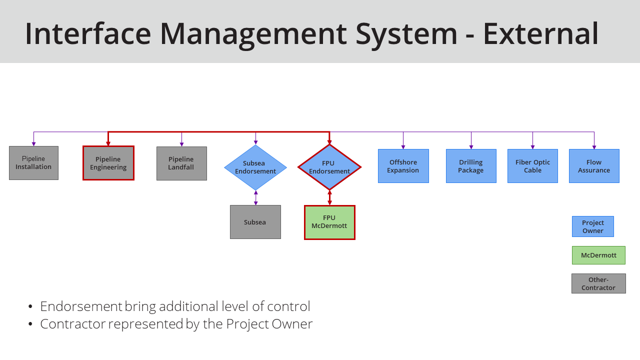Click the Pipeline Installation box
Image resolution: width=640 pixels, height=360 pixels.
[33, 163]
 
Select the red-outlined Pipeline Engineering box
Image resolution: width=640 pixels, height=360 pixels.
[108, 163]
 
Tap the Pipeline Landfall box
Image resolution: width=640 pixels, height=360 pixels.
[181, 163]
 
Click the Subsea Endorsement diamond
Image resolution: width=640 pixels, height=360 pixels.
[255, 167]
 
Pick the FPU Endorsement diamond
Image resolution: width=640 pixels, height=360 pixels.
[329, 167]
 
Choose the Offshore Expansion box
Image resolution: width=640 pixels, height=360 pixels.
[403, 166]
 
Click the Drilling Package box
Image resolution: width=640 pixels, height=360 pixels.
[471, 166]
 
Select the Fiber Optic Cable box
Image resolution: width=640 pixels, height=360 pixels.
[532, 166]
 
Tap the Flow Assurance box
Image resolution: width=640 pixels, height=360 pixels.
[594, 166]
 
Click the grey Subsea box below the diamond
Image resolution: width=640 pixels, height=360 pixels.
[255, 222]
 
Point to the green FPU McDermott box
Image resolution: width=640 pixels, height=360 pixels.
[329, 222]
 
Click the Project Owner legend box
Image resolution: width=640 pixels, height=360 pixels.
[593, 226]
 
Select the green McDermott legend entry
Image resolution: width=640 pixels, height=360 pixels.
[598, 255]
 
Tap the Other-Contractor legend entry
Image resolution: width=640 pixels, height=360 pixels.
[598, 283]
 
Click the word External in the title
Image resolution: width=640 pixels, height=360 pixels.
[540, 33]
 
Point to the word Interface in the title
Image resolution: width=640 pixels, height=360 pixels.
[87, 33]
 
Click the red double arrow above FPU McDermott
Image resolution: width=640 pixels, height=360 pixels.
[329, 197]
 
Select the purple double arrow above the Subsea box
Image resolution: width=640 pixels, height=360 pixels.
[255, 197]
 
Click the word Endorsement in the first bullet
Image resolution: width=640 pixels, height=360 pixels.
[81, 306]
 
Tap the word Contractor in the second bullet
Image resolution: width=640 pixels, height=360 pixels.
[73, 324]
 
